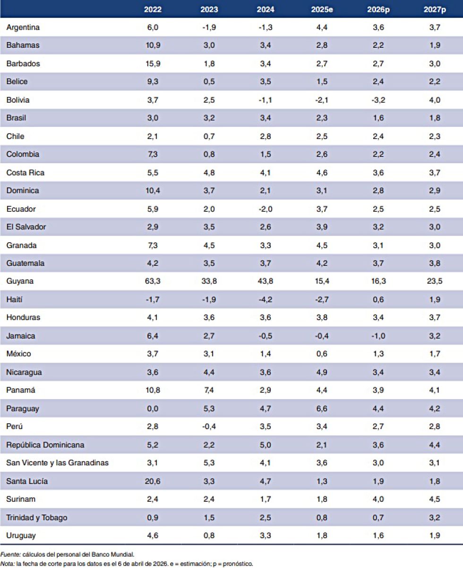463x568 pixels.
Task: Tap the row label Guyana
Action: point(20,281)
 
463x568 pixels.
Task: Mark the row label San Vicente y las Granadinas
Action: point(57,463)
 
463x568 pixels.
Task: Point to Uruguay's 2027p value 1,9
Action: point(435,536)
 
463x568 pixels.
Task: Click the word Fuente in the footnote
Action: point(9,554)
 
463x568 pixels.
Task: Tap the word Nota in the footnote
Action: point(8,563)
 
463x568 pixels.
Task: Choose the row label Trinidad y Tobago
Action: point(37,518)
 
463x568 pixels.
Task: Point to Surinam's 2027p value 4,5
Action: point(435,499)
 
